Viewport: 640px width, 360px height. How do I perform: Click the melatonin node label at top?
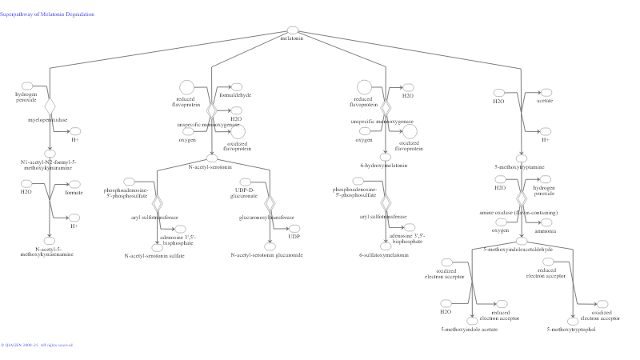pos(292,38)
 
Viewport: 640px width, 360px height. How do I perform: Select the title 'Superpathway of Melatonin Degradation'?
pos(47,14)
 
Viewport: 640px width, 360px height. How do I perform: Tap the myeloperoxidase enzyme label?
pos(48,119)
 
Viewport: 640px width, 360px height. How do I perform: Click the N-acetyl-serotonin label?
pos(210,167)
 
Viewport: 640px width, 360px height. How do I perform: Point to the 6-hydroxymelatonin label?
pos(384,166)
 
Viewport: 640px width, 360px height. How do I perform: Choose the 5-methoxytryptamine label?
pos(520,166)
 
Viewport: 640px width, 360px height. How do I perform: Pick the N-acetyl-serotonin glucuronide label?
pos(267,255)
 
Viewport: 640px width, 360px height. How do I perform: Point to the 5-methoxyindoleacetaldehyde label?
pos(518,249)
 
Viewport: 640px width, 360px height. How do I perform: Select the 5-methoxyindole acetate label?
pos(470,329)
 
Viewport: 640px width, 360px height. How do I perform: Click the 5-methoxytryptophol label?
pos(571,329)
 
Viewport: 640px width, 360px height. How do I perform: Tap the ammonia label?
pos(546,230)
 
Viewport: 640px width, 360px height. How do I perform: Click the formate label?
pos(74,193)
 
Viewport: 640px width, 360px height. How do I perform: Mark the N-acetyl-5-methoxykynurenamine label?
pos(49,251)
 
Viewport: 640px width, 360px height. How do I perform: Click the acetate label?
pos(545,101)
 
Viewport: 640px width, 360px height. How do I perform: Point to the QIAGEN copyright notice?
pos(37,345)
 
